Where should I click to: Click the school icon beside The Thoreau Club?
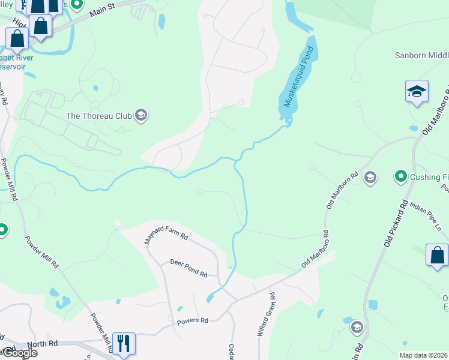tap(141, 115)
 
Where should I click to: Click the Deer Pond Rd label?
tap(188, 268)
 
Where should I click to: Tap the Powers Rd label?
tap(192, 321)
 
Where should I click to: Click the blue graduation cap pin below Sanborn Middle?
tap(417, 92)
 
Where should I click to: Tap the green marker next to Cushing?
tap(400, 176)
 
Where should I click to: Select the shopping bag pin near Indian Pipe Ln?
tap(437, 254)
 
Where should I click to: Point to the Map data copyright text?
tap(424, 355)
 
